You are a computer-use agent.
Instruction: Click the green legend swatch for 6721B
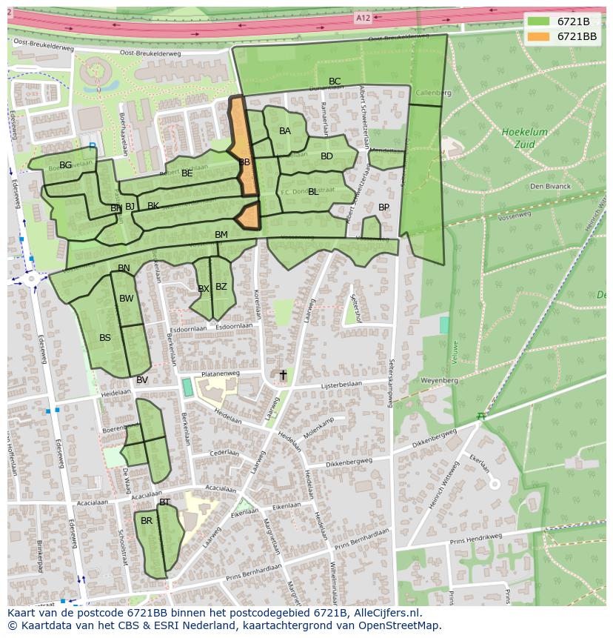[x=539, y=21]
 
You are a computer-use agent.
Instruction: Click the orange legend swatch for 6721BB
[x=539, y=36]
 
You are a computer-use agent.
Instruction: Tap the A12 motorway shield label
[x=363, y=18]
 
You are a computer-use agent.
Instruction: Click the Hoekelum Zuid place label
[x=525, y=137]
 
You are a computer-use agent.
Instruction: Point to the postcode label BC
[x=335, y=82]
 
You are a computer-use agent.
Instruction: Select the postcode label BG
[x=66, y=165]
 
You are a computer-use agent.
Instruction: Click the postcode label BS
[x=105, y=338]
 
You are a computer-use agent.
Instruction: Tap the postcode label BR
[x=147, y=521]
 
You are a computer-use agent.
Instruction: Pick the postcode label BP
[x=383, y=207]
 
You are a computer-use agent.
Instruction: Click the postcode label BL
[x=313, y=192]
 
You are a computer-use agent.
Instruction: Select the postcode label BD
[x=326, y=156]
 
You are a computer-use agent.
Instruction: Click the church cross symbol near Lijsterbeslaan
[x=282, y=376]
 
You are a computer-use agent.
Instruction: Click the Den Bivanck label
[x=550, y=186]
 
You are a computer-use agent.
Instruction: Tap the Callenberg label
[x=432, y=93]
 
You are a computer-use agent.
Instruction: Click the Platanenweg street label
[x=220, y=373]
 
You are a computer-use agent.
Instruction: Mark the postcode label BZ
[x=221, y=287]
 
